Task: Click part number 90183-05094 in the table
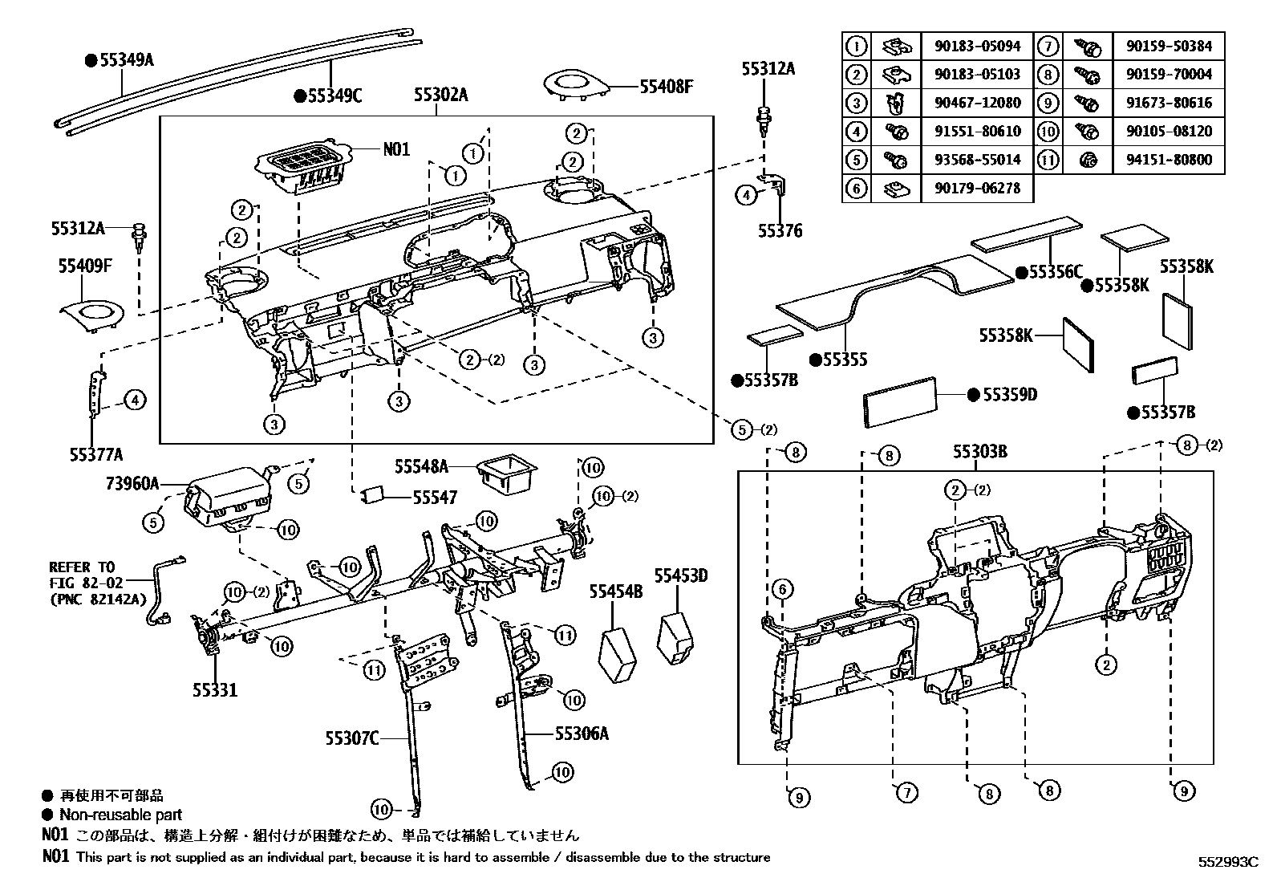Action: point(977,47)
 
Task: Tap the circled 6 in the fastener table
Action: point(857,189)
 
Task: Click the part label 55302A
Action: point(441,96)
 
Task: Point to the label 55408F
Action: point(666,85)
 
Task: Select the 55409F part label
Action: point(85,266)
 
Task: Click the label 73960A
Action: point(132,484)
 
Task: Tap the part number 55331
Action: point(215,689)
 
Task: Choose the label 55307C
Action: point(351,738)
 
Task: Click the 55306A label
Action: point(582,733)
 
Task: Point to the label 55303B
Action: point(980,452)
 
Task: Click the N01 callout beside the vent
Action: point(396,149)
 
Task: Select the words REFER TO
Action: point(82,567)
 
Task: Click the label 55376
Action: point(780,231)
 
